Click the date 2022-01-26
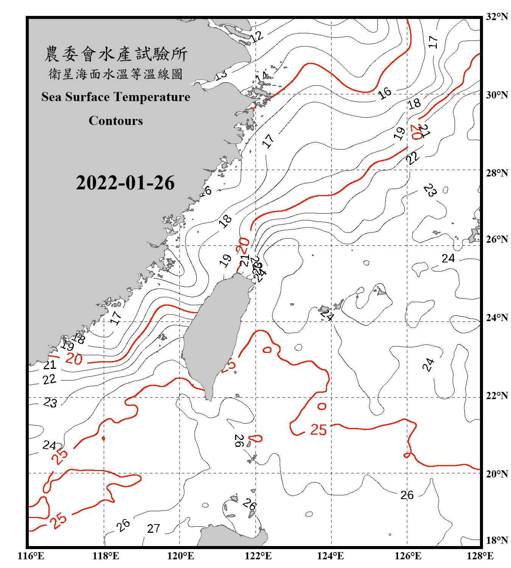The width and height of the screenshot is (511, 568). (125, 183)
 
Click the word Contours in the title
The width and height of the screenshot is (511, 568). (116, 121)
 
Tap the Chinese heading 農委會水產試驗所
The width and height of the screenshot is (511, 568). (116, 54)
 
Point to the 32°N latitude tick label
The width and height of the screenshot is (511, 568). (497, 17)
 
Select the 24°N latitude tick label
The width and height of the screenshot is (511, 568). (497, 317)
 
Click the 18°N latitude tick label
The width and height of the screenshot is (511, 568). (497, 540)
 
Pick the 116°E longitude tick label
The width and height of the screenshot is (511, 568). (31, 556)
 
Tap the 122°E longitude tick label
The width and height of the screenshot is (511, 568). (258, 556)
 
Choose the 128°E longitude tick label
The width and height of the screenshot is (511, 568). (480, 556)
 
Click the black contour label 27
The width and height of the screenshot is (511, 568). (153, 528)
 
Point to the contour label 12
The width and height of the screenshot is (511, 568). (256, 37)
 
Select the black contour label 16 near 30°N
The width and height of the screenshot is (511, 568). (385, 93)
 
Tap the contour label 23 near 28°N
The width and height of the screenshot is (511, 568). (430, 190)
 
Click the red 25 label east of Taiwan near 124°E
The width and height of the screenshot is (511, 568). (318, 430)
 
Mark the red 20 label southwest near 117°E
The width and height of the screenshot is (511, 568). (74, 359)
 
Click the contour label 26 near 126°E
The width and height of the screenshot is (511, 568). (407, 495)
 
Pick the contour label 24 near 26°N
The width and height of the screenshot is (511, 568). (448, 258)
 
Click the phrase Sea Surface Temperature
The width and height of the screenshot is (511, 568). (116, 97)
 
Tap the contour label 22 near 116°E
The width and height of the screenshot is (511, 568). (49, 379)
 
